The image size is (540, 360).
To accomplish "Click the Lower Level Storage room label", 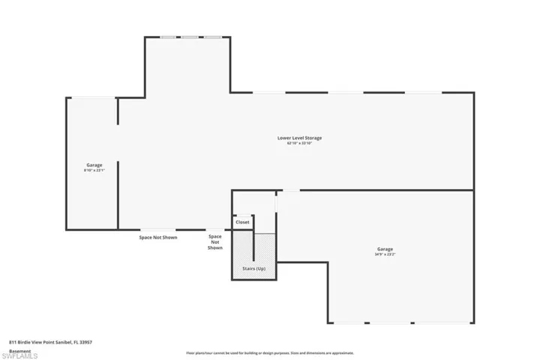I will pos(299,138).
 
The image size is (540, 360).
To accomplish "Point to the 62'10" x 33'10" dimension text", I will pos(299,143).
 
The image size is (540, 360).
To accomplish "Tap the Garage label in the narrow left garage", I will pos(94,165).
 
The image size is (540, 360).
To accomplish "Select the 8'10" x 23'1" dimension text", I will pos(94,170).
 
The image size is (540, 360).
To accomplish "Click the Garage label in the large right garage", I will pos(385,249).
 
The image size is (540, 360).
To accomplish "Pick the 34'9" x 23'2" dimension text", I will pos(385,254).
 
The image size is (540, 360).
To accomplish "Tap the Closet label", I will pos(243,222).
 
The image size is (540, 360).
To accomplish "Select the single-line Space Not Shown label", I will pos(158,238).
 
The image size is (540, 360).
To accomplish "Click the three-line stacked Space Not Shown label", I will pos(215,241).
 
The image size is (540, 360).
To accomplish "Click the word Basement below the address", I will pos(19,350).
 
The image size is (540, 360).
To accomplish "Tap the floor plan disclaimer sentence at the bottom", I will pos(269,352).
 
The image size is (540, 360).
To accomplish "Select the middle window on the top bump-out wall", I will pos(191,37).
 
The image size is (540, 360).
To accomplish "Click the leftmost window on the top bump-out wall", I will pos(169,37).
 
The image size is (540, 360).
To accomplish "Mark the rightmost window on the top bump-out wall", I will pos(213,37).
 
